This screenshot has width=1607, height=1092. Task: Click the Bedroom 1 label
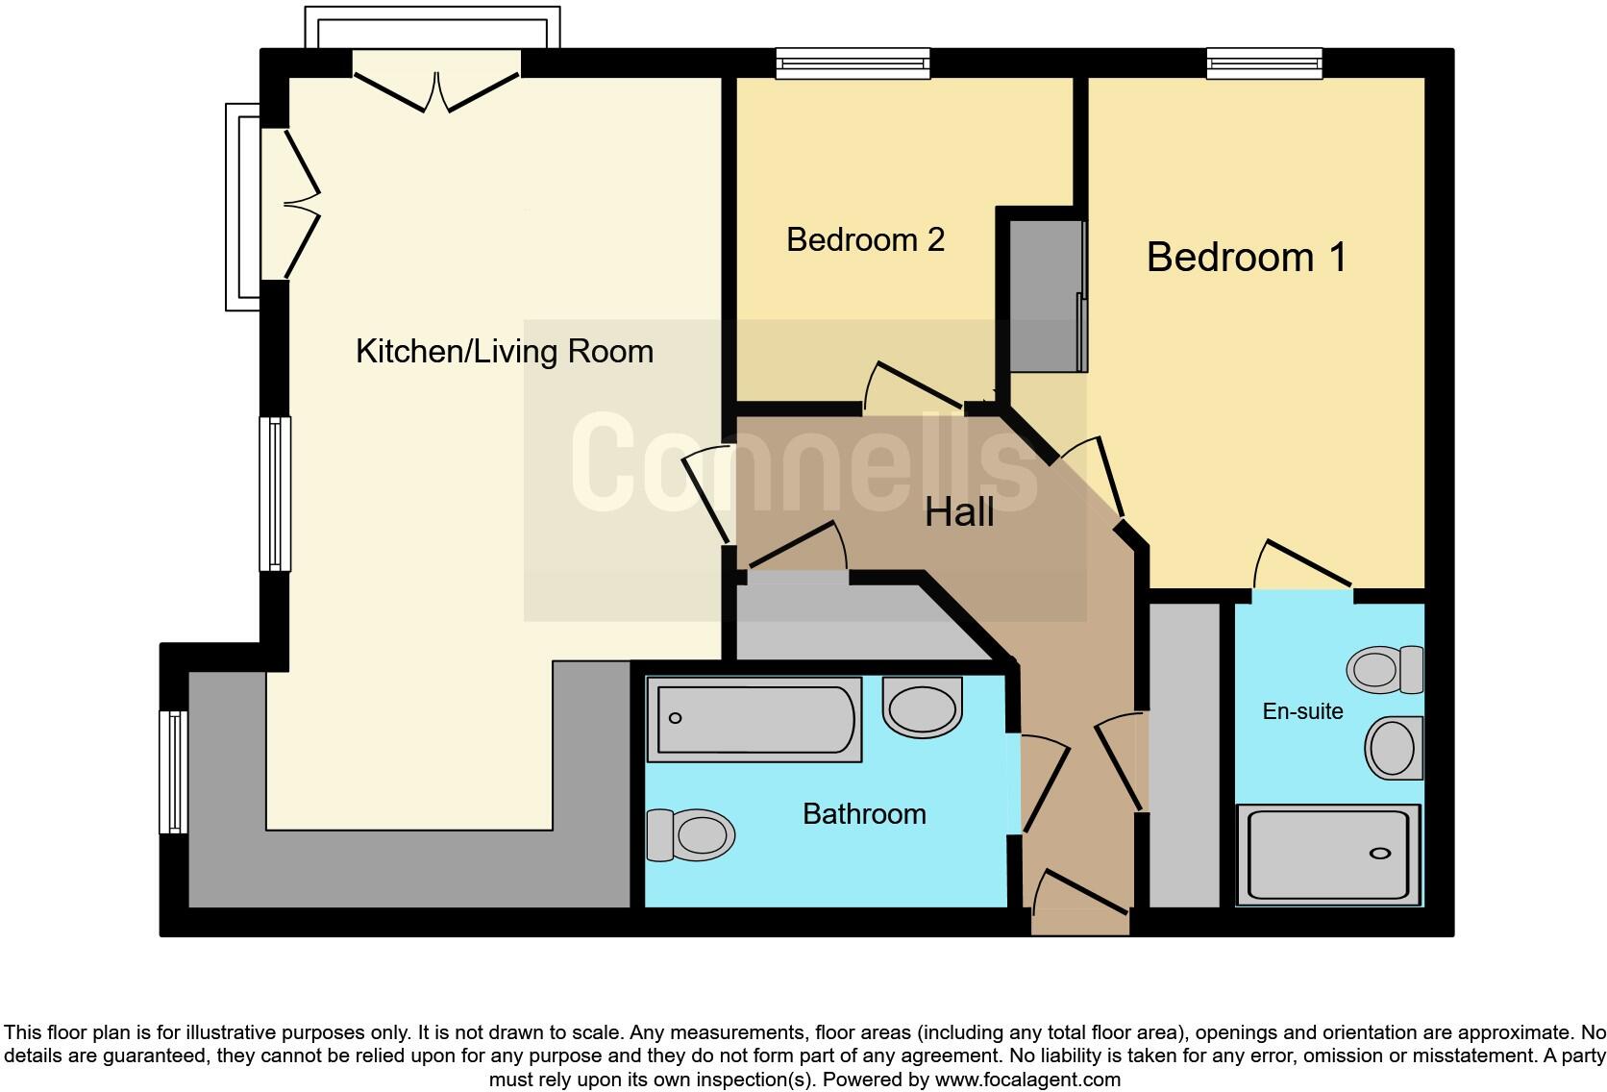pos(1246,258)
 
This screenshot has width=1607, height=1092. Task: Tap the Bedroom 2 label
pos(865,239)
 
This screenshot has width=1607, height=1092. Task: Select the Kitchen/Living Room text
pos(504,352)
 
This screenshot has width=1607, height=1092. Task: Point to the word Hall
pos(958,512)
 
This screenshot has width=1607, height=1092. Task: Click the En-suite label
pos(1302,711)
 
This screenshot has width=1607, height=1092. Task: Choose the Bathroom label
pos(864,814)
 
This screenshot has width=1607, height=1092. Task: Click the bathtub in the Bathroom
pos(754,719)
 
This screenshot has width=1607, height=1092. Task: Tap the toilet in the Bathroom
pos(690,834)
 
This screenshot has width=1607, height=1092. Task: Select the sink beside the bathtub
pos(922,708)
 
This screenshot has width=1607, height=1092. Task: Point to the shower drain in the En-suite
pos(1380,854)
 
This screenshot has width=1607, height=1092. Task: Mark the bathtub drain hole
pos(675,718)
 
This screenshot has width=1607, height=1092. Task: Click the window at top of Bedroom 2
pos(853,63)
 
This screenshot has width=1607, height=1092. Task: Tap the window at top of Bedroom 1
pos(1265,63)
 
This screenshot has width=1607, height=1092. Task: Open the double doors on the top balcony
pos(437,91)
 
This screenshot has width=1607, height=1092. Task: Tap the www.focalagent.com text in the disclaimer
pos(1026,1080)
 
